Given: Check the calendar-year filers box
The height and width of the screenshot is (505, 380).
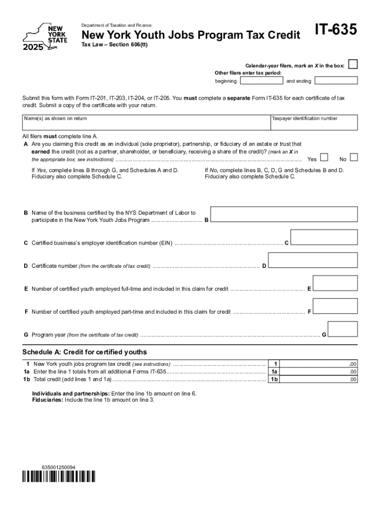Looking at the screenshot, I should click(x=352, y=65).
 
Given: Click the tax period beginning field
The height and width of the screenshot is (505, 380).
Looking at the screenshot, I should click(x=261, y=81).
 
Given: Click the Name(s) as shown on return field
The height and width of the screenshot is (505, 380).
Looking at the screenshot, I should click(x=146, y=122).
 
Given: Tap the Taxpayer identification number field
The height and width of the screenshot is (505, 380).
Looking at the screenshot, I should click(x=313, y=122).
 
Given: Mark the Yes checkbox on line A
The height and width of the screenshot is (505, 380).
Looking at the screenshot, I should click(x=324, y=157).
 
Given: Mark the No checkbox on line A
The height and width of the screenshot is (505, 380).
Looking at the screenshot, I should click(x=353, y=157).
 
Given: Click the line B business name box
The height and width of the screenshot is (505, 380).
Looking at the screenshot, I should click(x=284, y=215).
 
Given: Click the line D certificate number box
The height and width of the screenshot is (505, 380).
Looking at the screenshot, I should click(x=312, y=260).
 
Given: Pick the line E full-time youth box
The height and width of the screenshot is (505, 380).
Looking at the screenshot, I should click(x=335, y=283).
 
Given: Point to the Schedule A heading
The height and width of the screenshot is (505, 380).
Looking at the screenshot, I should click(x=84, y=352).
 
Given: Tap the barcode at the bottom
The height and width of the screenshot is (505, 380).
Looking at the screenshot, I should click(x=59, y=477).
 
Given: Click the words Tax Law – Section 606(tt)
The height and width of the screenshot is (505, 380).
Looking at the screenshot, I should click(x=114, y=45).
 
